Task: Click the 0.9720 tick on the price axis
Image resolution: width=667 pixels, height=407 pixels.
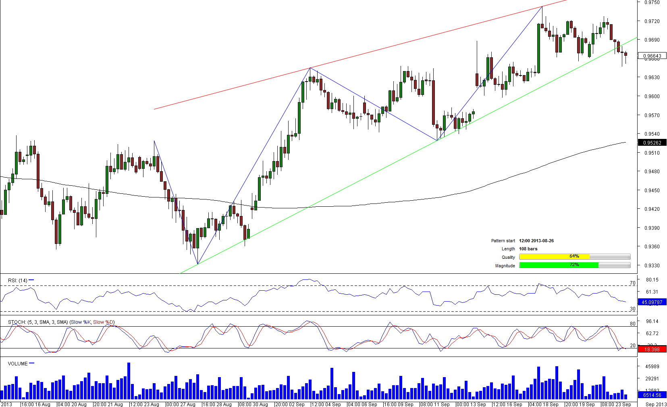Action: click(652, 21)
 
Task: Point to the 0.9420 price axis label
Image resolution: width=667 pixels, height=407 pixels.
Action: click(652, 209)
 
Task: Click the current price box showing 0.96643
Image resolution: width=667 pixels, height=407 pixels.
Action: click(652, 56)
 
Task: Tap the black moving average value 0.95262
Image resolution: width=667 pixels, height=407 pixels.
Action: click(652, 143)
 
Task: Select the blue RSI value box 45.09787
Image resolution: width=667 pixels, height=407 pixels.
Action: click(652, 302)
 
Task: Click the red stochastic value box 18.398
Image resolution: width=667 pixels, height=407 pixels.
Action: click(652, 349)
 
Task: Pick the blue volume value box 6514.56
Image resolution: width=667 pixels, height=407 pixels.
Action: click(652, 395)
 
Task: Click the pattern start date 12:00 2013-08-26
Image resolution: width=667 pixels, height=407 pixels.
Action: click(536, 241)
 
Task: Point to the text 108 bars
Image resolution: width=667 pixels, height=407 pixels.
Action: click(528, 249)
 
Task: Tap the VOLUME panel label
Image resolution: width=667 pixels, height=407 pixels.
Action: click(18, 363)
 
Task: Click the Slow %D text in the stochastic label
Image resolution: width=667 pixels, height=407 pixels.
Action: click(104, 322)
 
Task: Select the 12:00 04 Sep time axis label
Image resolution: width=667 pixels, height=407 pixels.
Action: click(326, 404)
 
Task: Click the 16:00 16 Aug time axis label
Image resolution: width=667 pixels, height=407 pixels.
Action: click(36, 404)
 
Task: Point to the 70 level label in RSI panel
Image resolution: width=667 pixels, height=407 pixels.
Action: click(632, 283)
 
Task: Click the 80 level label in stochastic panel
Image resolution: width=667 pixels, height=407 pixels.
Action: click(632, 323)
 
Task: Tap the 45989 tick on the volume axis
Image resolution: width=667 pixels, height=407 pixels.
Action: click(652, 366)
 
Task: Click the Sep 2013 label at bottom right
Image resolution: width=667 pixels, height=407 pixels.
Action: click(656, 404)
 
